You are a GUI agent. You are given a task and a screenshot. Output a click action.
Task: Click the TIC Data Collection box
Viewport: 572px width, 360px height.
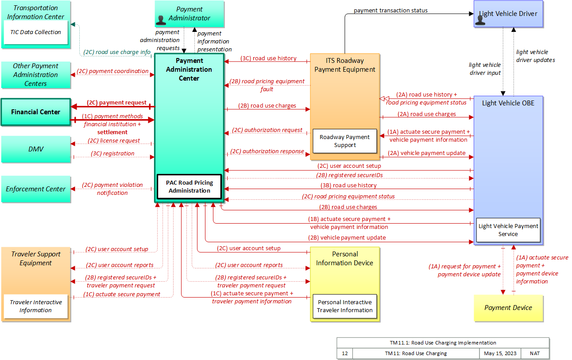[x=36, y=32]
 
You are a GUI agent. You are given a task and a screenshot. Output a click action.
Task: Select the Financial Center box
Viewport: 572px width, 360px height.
[x=36, y=112]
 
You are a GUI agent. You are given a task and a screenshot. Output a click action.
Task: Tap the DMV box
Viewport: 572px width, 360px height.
[x=36, y=149]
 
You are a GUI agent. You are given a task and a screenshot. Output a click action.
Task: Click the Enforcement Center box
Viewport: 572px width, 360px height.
[x=36, y=189]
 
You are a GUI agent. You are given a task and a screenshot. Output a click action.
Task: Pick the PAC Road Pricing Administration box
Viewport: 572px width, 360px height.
[x=189, y=186]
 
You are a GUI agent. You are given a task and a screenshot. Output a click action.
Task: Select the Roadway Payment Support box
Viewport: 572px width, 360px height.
[x=345, y=141]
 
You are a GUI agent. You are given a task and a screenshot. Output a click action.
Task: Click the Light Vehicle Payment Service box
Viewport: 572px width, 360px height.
[x=508, y=230]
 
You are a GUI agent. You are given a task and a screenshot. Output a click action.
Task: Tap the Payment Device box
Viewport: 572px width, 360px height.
[x=508, y=308]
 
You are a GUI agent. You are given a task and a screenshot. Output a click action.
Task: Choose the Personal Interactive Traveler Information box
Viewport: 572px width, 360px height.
[x=345, y=306]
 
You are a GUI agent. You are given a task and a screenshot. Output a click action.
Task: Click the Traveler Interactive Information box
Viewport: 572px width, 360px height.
[x=36, y=306]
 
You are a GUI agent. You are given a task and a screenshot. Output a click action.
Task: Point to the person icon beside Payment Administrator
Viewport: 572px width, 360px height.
[x=161, y=20]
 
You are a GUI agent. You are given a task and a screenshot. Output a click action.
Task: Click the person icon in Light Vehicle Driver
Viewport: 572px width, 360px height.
[x=480, y=21]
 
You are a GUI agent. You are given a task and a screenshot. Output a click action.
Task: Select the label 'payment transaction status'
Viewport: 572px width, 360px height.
[x=390, y=11]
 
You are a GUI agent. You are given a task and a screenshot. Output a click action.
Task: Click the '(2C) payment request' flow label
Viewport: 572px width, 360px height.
[x=117, y=103]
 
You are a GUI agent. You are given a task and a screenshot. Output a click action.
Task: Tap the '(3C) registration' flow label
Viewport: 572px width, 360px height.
[x=112, y=154]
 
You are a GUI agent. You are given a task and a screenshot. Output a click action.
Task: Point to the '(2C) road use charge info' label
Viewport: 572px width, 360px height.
[x=117, y=52]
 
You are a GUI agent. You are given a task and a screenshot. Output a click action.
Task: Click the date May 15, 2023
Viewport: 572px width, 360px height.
[x=500, y=353]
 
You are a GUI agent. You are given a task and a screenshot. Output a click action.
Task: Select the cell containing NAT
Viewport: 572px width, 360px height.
[x=535, y=353]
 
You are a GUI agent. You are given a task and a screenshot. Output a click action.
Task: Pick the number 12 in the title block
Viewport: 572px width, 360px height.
[x=345, y=353]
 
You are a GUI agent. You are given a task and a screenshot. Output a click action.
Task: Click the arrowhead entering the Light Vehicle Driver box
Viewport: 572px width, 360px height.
[x=472, y=14]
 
